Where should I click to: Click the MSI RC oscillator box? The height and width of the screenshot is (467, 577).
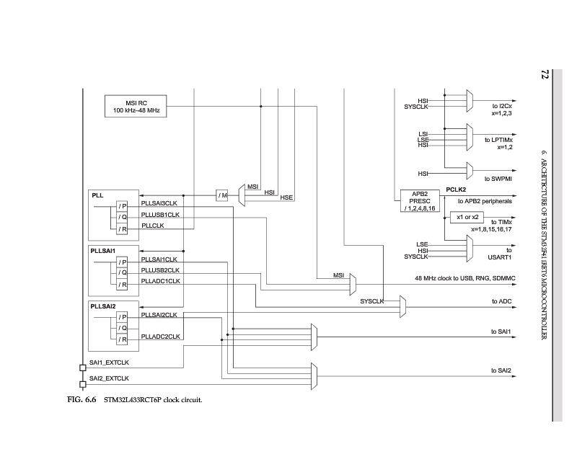click(x=136, y=105)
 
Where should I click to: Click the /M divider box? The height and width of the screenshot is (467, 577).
click(x=222, y=195)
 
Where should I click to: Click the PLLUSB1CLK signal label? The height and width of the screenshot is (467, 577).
click(x=160, y=214)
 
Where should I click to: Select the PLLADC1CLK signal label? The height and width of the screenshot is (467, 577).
click(x=160, y=281)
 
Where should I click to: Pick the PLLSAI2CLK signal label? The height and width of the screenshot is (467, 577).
click(x=159, y=315)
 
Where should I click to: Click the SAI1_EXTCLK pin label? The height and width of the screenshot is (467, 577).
click(x=109, y=363)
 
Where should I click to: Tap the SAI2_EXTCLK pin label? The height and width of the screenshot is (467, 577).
click(x=109, y=378)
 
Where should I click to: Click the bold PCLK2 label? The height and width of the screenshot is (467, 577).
click(x=457, y=189)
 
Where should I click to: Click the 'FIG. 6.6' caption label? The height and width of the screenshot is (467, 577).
click(x=74, y=399)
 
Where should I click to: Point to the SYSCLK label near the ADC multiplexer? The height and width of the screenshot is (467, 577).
click(x=372, y=301)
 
